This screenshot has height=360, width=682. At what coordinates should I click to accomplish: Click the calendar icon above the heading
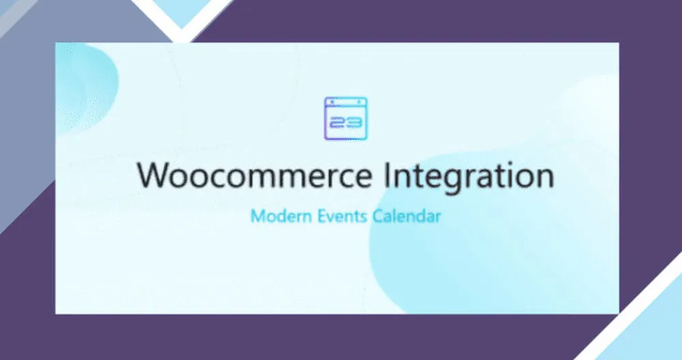tap(346, 118)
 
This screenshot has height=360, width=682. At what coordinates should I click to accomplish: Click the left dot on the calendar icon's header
tap(333, 102)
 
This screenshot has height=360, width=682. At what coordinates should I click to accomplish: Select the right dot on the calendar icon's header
tap(359, 102)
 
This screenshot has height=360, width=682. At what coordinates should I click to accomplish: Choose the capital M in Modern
tap(258, 216)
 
